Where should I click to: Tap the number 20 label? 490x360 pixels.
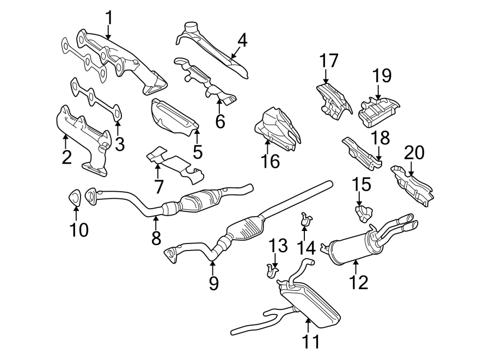coord(414,153)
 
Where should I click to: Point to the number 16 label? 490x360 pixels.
coord(270,161)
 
